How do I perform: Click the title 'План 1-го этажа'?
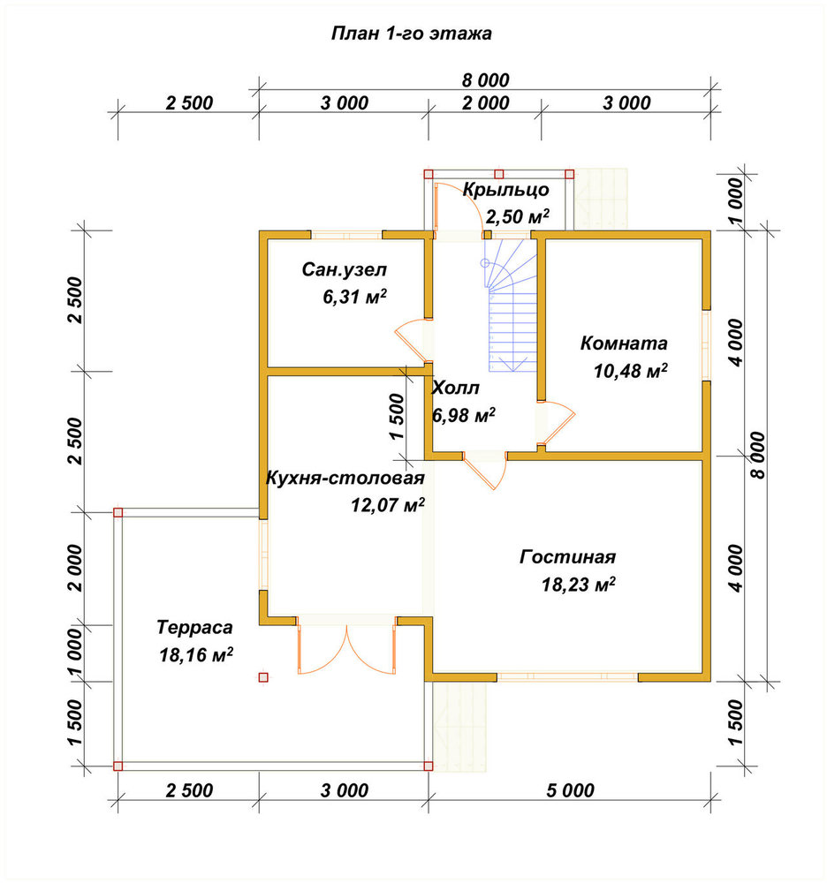pyautogui.click(x=411, y=34)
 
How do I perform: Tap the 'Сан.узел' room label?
pyautogui.click(x=345, y=269)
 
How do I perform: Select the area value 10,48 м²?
pyautogui.click(x=630, y=371)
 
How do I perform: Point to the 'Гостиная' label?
pyautogui.click(x=567, y=556)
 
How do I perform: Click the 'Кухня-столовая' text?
pyautogui.click(x=345, y=478)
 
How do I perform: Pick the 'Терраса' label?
pyautogui.click(x=194, y=627)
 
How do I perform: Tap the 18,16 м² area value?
pyautogui.click(x=196, y=655)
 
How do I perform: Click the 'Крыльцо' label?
pyautogui.click(x=506, y=191)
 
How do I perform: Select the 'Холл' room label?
pyautogui.click(x=455, y=388)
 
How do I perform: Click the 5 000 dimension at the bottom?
pyautogui.click(x=570, y=790)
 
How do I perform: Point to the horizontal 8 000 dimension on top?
pyautogui.click(x=486, y=80)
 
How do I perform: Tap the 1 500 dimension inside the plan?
pyautogui.click(x=396, y=417)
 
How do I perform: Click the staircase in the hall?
pyautogui.click(x=512, y=305)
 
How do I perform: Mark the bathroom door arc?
pyautogui.click(x=413, y=340)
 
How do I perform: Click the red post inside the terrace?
pyautogui.click(x=263, y=677)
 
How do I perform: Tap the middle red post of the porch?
pyautogui.click(x=498, y=174)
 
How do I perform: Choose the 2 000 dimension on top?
pyautogui.click(x=486, y=103)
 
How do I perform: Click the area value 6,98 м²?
pyautogui.click(x=464, y=416)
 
